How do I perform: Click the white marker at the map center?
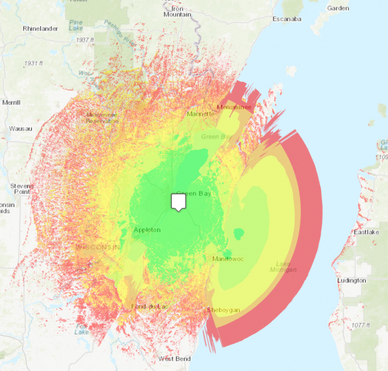point(178,202)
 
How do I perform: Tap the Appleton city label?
point(147,230)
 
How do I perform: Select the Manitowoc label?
point(228,259)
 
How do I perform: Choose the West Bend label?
point(174,359)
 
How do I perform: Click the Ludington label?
point(352,281)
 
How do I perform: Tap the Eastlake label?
point(366,232)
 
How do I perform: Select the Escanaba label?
point(286,19)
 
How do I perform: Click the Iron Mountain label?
point(177,12)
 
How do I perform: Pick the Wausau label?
point(20,128)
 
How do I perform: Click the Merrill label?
point(11,102)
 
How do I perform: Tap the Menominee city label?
point(234,107)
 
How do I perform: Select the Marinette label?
point(201,114)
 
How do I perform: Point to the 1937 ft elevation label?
point(85,39)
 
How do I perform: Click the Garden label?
point(338,8)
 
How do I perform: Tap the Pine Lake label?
point(76,25)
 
